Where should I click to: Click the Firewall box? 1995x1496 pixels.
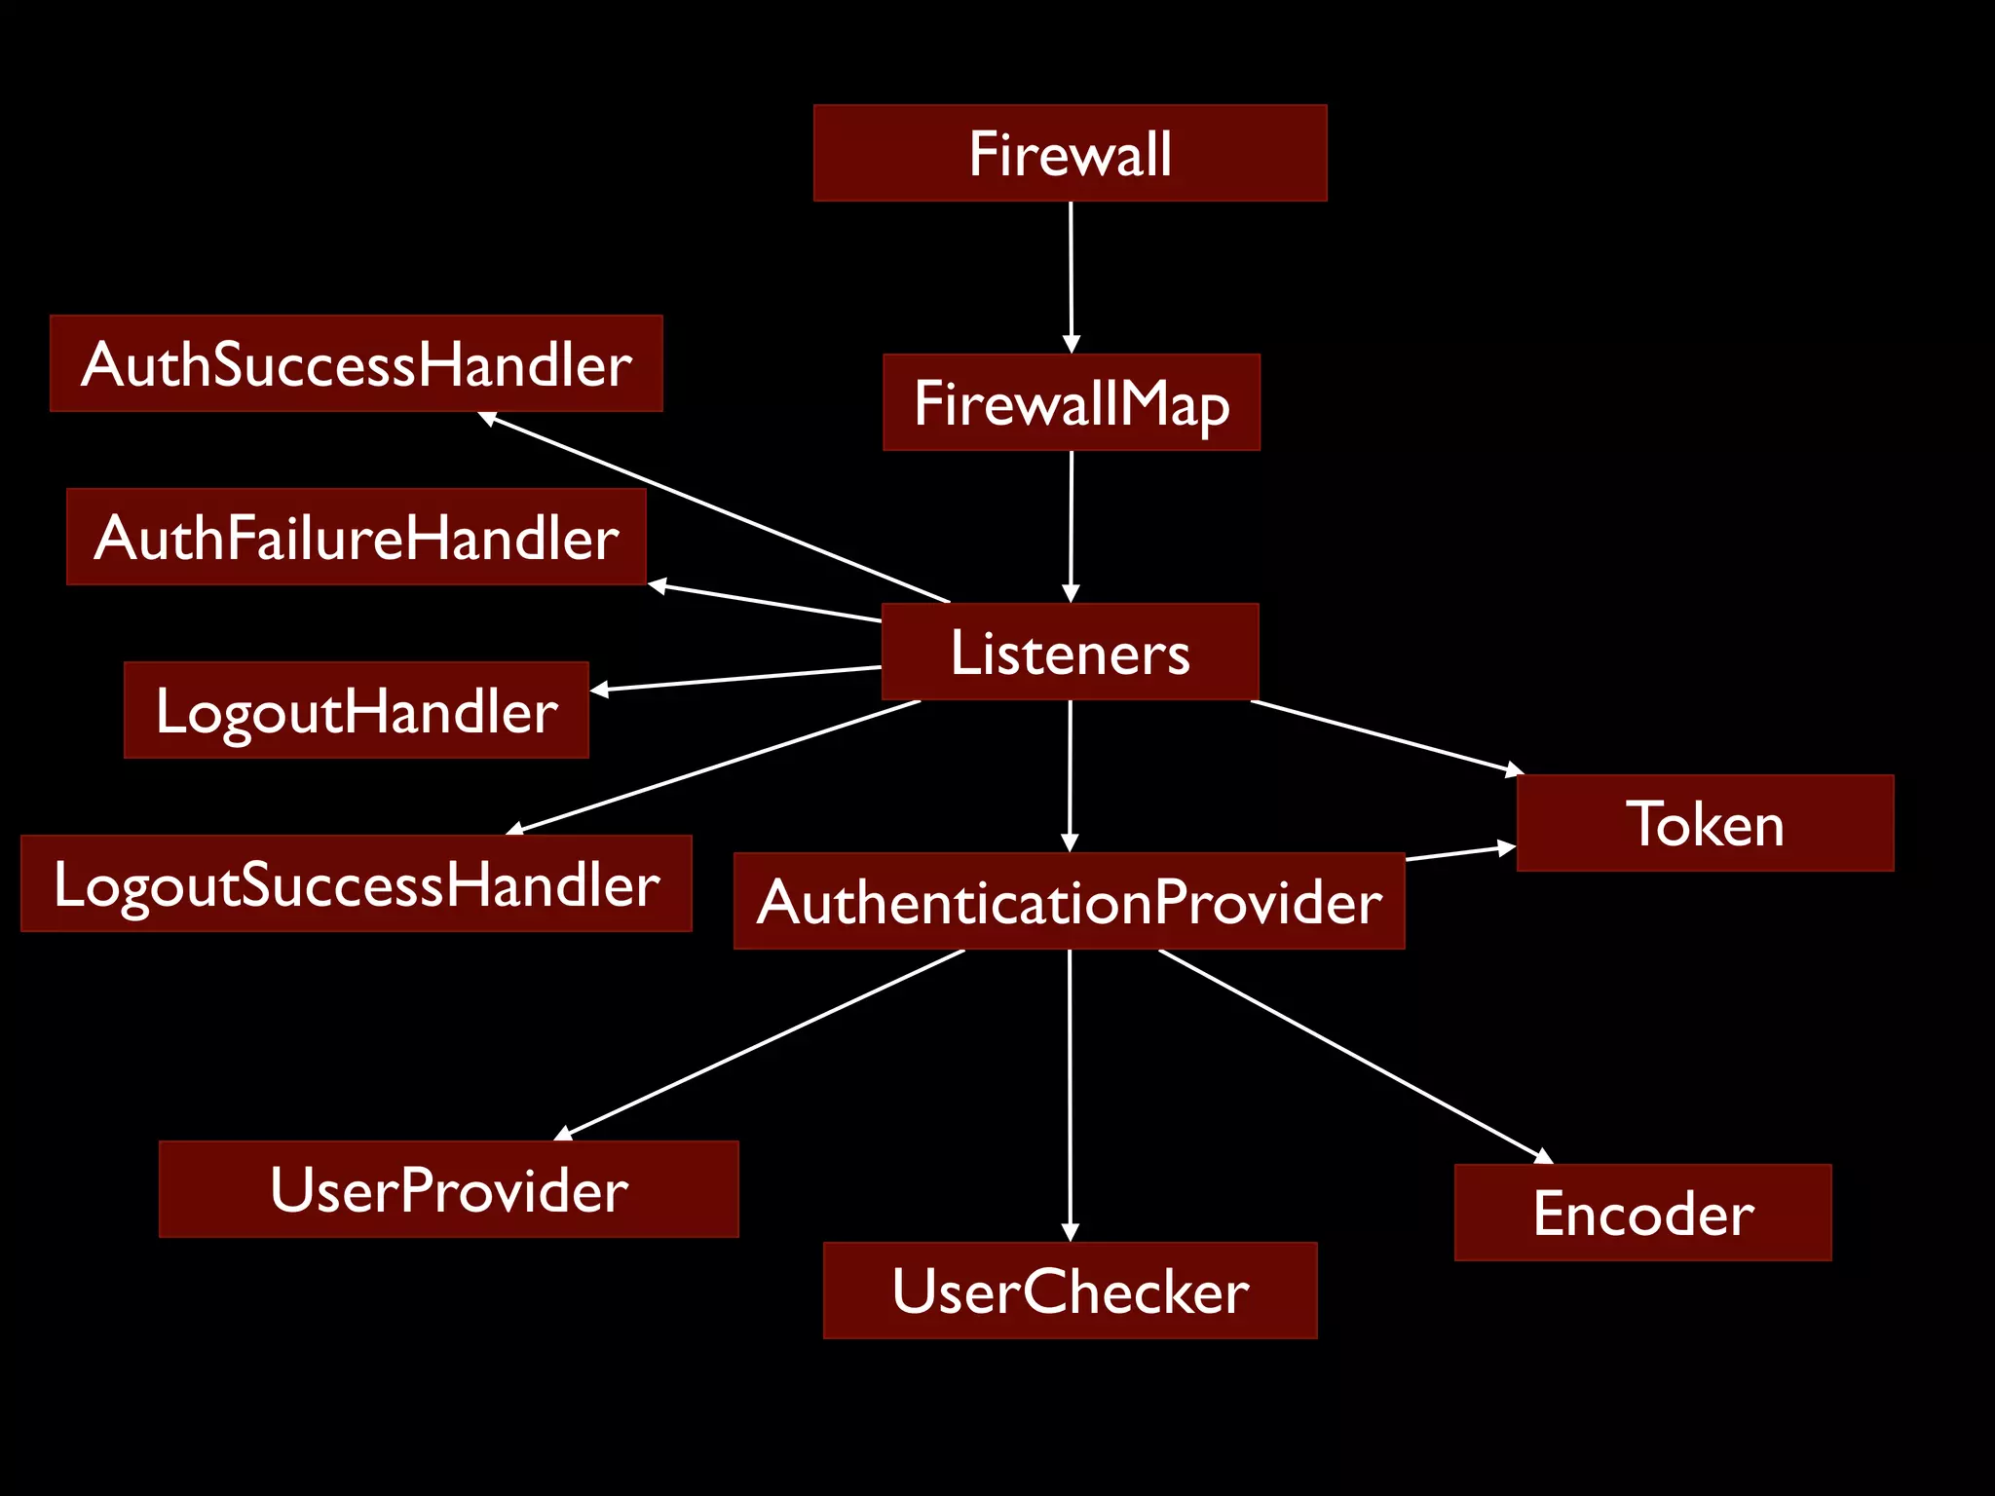[1070, 153]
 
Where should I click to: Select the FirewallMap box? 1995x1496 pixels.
[1071, 402]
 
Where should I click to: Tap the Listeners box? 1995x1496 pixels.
[1070, 652]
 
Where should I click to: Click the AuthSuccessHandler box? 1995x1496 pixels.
[356, 363]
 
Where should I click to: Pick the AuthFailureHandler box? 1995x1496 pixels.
[356, 537]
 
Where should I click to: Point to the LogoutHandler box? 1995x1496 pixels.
[356, 710]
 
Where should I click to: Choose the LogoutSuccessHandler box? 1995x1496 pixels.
[356, 883]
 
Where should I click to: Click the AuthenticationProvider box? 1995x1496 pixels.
[1069, 901]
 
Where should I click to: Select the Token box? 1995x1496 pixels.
[1705, 823]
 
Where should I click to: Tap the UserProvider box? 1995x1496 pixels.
[448, 1189]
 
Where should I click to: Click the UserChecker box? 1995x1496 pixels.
[1070, 1290]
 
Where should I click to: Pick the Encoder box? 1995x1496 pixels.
[1642, 1213]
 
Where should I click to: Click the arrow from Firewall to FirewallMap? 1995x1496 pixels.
[1071, 278]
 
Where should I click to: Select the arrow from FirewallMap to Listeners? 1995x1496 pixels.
[1071, 526]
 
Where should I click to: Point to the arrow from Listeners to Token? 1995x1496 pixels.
[1383, 736]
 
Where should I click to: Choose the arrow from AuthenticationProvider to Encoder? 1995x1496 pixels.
[1354, 1056]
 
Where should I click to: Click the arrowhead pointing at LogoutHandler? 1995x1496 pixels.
[600, 690]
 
